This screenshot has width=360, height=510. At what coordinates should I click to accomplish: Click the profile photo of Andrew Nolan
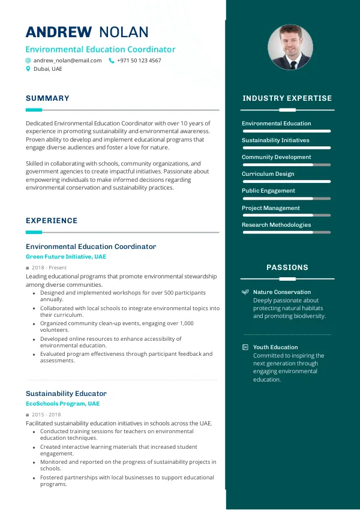(x=290, y=47)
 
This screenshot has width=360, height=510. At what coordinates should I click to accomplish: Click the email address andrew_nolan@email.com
(x=67, y=61)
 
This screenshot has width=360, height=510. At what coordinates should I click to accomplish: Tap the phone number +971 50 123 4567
(x=139, y=61)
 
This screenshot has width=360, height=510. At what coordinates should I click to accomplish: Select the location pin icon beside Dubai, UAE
(x=28, y=69)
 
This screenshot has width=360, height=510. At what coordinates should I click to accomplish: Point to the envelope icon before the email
(x=28, y=61)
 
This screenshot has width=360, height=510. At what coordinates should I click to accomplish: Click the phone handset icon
(x=111, y=61)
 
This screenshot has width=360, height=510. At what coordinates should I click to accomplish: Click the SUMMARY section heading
(x=47, y=98)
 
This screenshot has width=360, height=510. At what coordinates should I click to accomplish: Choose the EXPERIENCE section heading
(x=52, y=221)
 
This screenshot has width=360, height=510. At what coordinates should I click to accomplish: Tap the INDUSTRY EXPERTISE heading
(x=287, y=98)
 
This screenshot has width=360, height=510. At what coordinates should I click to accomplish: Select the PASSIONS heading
(x=287, y=268)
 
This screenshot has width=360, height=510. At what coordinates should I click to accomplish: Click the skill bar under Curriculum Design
(x=286, y=181)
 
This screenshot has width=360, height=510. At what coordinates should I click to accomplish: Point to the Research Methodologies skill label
(x=276, y=225)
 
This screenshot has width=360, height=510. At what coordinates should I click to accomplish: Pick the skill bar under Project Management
(x=286, y=215)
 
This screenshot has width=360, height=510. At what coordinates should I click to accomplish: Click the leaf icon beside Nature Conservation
(x=245, y=292)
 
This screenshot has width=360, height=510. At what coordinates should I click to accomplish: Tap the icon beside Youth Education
(x=245, y=347)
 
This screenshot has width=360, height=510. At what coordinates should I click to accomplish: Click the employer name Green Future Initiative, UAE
(x=65, y=257)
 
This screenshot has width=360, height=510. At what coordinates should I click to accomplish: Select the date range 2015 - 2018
(x=46, y=415)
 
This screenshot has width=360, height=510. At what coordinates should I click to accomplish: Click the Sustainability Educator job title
(x=66, y=394)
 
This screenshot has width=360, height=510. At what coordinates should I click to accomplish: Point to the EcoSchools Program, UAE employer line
(x=62, y=404)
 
